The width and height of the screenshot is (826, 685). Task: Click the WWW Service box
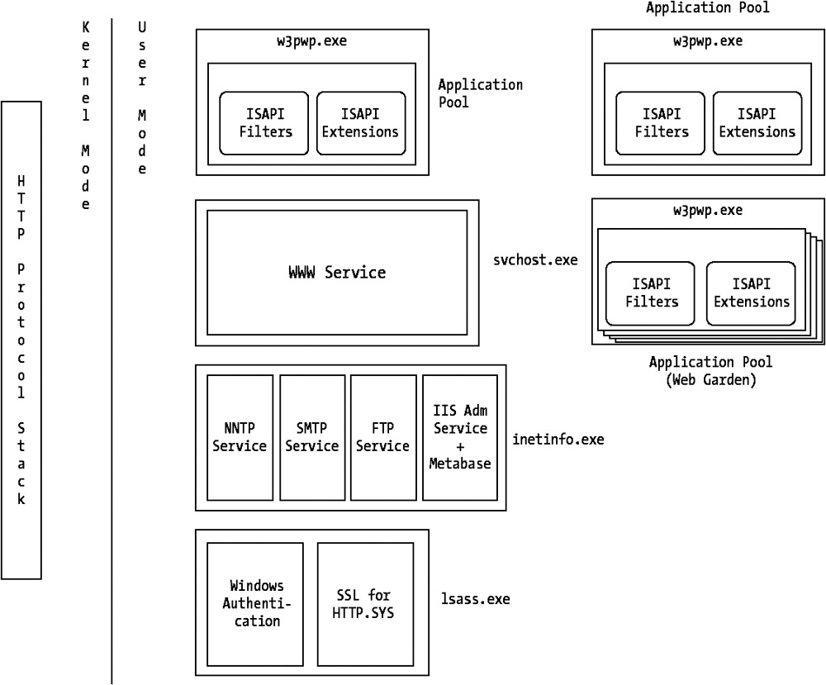click(x=336, y=272)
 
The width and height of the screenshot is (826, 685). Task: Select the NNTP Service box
click(x=240, y=437)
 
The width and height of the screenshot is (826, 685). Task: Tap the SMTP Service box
click(x=311, y=437)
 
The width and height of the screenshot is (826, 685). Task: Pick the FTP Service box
click(x=382, y=437)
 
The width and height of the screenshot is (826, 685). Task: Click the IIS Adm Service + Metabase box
click(x=460, y=437)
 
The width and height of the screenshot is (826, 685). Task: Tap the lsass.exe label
click(x=476, y=599)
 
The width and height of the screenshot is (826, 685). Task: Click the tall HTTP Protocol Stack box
click(x=21, y=340)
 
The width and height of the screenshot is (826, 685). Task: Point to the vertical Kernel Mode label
click(x=85, y=116)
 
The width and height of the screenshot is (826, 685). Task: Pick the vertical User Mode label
click(x=142, y=98)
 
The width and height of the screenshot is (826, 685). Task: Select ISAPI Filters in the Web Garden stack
click(x=652, y=293)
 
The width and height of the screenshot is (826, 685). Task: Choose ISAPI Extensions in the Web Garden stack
click(x=751, y=293)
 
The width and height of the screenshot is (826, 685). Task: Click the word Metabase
click(x=460, y=463)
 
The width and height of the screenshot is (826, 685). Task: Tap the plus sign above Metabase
click(x=460, y=446)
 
